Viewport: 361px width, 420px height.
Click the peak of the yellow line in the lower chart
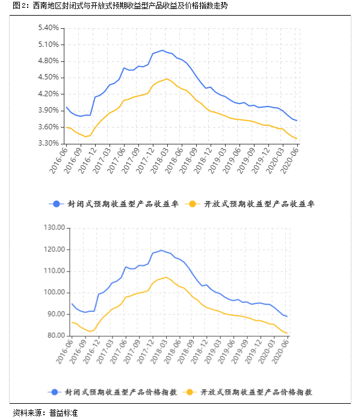tap(166, 277)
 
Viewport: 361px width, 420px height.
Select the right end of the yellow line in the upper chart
tap(297, 140)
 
